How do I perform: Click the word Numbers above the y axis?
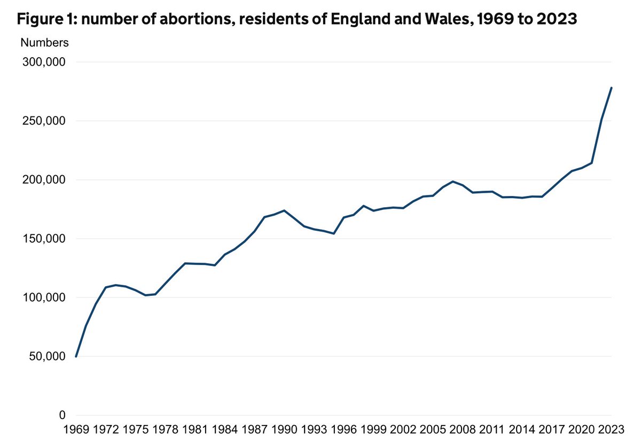pos(44,42)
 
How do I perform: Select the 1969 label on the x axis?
pos(76,430)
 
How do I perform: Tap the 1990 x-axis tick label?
pos(284,430)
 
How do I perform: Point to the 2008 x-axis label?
pos(462,430)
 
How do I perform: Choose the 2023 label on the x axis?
pos(611,430)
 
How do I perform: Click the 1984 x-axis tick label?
pos(224,430)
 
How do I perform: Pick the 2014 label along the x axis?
pos(521,430)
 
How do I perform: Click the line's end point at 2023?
pos(611,88)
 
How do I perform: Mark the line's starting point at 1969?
pos(76,356)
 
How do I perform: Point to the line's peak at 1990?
pos(284,210)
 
